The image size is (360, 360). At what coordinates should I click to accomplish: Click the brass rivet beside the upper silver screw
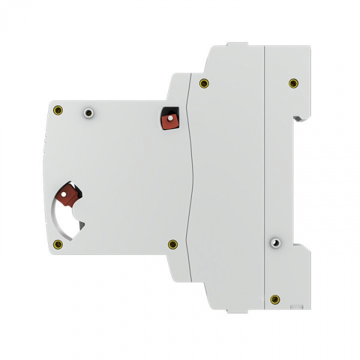[58, 110]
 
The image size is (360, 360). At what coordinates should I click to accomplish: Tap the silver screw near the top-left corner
[89, 112]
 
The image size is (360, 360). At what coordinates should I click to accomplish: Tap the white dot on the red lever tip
[64, 194]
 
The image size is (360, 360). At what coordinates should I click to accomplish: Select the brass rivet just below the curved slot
[58, 244]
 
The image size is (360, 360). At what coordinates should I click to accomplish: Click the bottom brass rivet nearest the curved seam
[173, 244]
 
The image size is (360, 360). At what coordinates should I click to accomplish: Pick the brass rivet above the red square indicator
[204, 83]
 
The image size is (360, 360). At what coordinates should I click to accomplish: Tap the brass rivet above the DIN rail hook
[293, 83]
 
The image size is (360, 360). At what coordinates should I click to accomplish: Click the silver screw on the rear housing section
[275, 243]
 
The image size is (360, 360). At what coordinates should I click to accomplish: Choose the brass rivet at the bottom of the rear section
[275, 298]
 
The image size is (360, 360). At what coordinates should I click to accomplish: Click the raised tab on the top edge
[236, 45]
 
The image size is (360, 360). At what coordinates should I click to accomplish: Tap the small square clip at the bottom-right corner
[295, 306]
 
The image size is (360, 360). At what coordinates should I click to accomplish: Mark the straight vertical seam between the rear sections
[265, 180]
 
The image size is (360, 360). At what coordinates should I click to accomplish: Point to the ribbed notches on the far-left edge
[44, 144]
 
